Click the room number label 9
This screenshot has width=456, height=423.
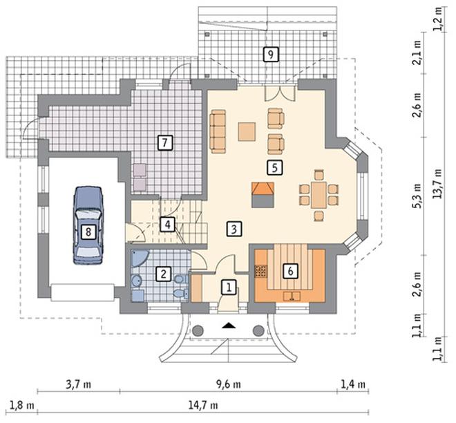(x=270, y=54)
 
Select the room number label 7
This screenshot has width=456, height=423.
(x=164, y=142)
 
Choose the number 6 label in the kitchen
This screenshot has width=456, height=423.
(x=290, y=271)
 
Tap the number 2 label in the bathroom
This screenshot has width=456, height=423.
(x=164, y=274)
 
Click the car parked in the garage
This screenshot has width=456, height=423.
(x=88, y=225)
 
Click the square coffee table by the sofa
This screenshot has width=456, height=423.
(x=247, y=131)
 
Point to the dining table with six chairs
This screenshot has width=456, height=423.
(x=319, y=195)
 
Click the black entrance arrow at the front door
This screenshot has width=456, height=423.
(x=229, y=324)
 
